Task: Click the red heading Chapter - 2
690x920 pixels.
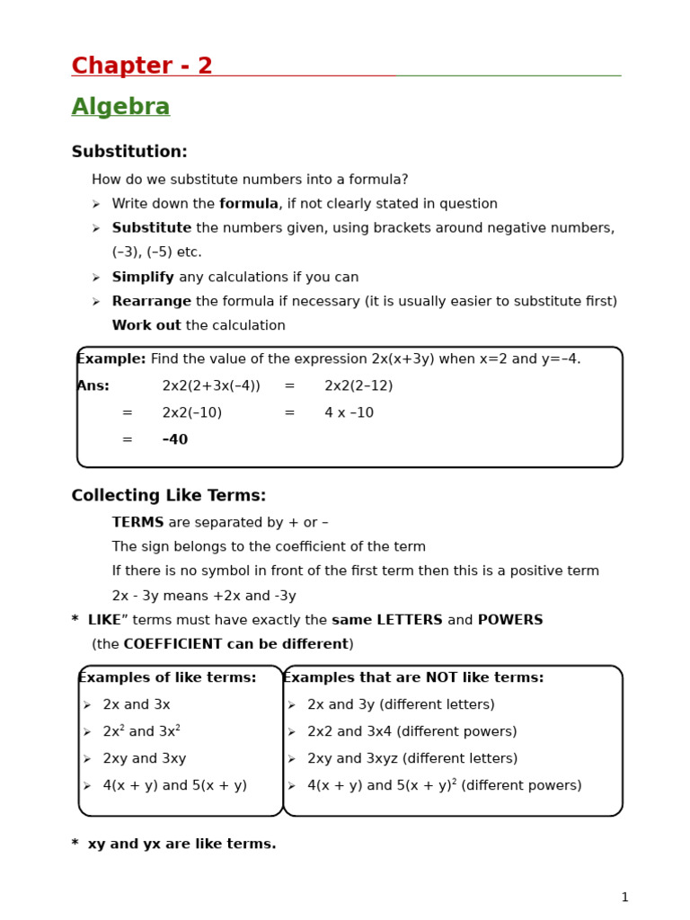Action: (142, 66)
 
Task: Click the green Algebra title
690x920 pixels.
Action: (120, 108)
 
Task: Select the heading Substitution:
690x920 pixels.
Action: (129, 153)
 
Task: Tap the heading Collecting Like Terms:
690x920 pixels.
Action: (169, 496)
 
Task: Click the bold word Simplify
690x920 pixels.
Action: (143, 278)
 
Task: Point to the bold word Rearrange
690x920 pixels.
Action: (151, 302)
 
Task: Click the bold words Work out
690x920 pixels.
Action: (146, 326)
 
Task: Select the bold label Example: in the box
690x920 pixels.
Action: (111, 359)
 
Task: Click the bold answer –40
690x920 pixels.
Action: (175, 440)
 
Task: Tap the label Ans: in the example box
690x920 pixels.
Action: (93, 386)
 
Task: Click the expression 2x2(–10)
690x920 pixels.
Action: (191, 413)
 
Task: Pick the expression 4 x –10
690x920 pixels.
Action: (349, 413)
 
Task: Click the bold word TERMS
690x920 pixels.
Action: (137, 523)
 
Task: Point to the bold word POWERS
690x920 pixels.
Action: (509, 621)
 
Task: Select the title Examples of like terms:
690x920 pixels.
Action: (168, 678)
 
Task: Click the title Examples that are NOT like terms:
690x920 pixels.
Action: (413, 678)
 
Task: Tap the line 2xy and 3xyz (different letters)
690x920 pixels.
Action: (412, 759)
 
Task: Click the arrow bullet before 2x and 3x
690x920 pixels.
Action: (87, 706)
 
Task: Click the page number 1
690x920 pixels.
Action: (624, 898)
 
